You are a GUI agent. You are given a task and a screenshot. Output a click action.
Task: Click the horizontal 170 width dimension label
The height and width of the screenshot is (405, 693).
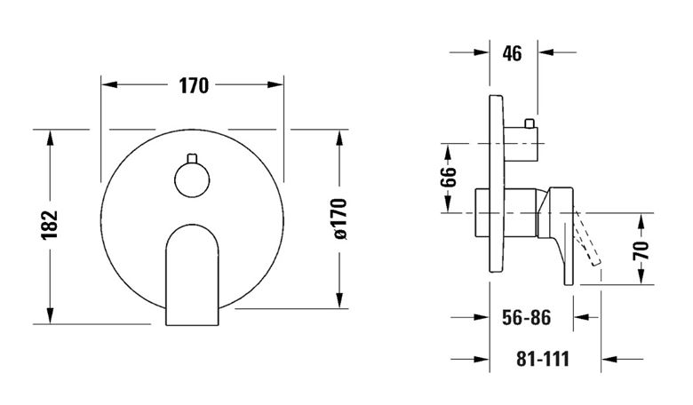(194, 85)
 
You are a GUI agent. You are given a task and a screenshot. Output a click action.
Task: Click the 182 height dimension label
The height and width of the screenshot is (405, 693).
(50, 225)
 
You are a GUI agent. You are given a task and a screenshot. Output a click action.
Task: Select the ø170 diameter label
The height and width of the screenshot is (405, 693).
(340, 219)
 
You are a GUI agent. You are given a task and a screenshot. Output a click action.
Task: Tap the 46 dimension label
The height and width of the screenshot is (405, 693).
(512, 53)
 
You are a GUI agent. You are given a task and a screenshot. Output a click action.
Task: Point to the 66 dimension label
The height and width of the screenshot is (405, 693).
(448, 177)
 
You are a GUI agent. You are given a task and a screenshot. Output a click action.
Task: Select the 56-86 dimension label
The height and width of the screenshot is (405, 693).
(526, 318)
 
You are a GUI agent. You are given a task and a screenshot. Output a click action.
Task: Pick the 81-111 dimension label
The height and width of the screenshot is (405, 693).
(543, 359)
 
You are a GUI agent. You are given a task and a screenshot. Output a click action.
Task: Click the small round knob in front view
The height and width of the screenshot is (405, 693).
(192, 179)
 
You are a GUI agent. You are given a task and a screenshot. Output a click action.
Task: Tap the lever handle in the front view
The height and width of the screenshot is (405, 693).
(192, 274)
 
